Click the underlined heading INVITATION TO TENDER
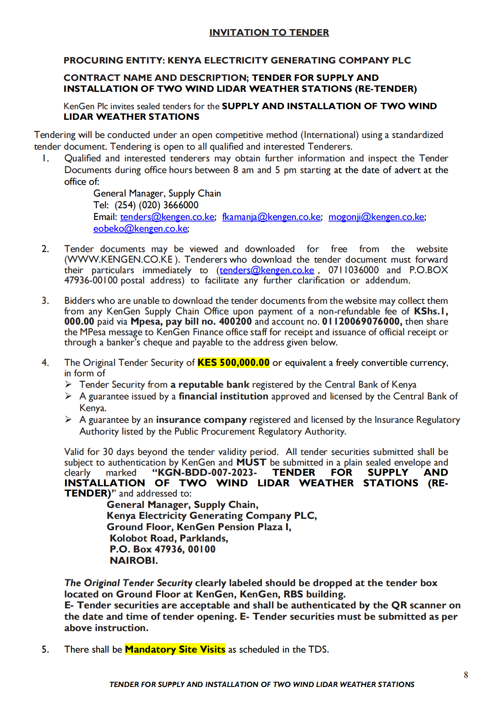[269, 32]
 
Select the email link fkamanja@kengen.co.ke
[271, 217]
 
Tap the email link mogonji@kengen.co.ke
[376, 217]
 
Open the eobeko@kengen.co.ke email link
[141, 229]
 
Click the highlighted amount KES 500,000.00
[234, 363]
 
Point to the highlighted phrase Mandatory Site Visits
[175, 650]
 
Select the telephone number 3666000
[181, 205]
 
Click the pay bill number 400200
[235, 322]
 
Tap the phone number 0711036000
[353, 270]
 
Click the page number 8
[466, 675]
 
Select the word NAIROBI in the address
[133, 560]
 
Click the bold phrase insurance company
[201, 420]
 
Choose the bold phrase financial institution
[223, 396]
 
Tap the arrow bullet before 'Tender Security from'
[68, 385]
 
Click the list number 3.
[45, 301]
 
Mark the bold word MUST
[251, 463]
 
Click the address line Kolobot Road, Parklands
[169, 538]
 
